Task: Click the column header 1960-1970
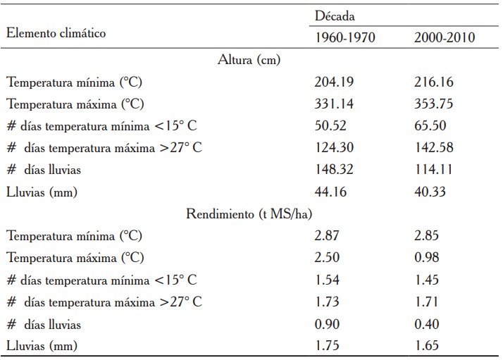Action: coord(344,38)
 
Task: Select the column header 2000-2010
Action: coord(444,38)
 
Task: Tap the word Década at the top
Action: coord(335,15)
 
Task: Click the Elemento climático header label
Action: coord(58,32)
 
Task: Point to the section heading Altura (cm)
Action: coord(250,60)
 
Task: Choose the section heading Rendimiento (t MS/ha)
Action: coord(250,214)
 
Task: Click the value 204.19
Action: coord(334,82)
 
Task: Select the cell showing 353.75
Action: coord(434,104)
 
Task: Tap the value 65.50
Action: coord(430,126)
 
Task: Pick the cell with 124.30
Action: coord(334,148)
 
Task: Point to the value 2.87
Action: coord(327,236)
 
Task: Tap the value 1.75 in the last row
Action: coord(327,346)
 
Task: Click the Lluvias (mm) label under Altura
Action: coord(42,192)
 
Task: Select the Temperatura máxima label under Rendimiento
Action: coord(75,258)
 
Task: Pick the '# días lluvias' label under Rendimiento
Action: coord(44,324)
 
